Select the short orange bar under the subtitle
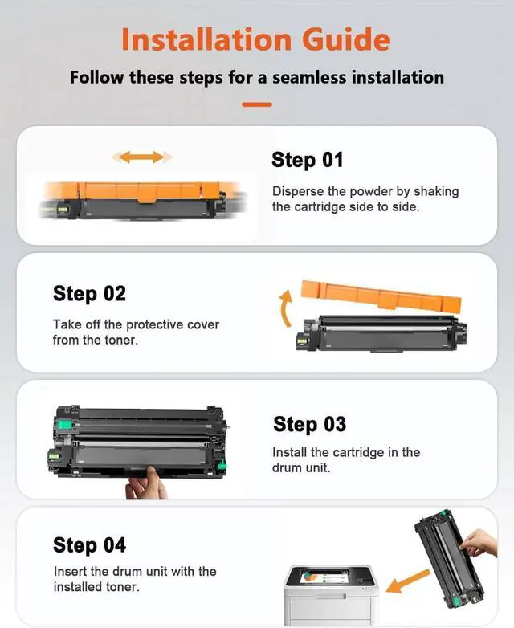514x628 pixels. (x=257, y=104)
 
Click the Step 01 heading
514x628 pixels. (x=307, y=160)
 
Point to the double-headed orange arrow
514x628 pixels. (x=142, y=157)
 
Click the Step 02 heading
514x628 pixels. (x=89, y=294)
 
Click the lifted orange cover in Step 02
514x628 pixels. (x=381, y=296)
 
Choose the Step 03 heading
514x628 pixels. (x=309, y=424)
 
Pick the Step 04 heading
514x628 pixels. (x=89, y=545)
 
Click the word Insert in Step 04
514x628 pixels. (x=71, y=571)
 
